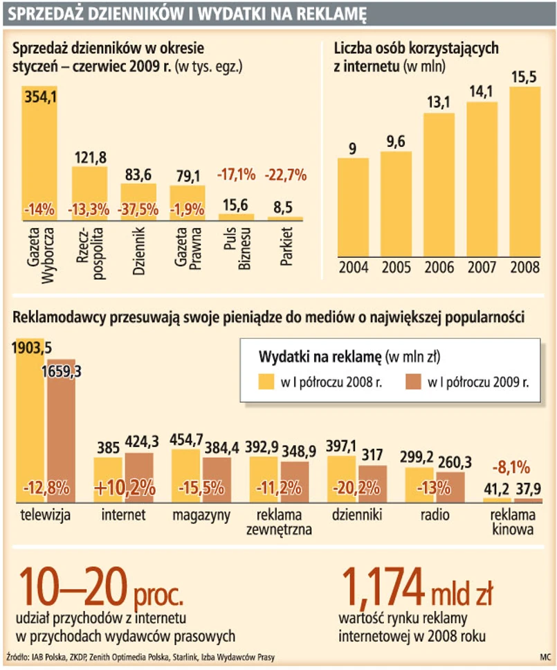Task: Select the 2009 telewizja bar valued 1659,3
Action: coord(61,437)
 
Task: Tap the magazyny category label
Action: coord(201,515)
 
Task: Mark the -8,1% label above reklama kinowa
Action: coord(512,466)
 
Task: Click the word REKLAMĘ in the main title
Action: coord(325,12)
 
